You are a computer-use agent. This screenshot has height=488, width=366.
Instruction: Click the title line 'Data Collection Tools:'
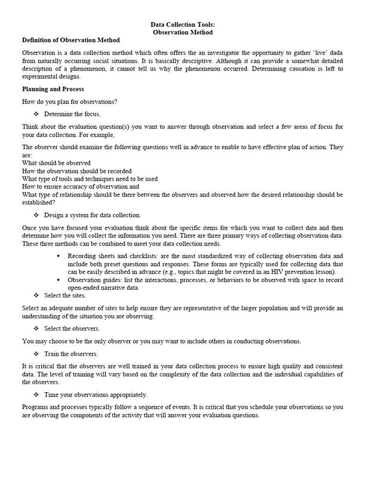click(183, 24)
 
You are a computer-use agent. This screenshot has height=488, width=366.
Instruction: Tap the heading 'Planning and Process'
click(53, 89)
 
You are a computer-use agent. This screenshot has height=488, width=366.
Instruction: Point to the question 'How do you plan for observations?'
click(70, 102)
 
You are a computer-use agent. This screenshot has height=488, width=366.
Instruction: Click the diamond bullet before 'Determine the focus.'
click(36, 114)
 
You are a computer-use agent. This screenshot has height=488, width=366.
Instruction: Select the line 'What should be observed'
click(56, 163)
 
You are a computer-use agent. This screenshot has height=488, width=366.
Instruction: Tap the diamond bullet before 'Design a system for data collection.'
click(36, 215)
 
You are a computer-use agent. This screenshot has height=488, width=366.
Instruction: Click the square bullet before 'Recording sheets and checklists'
click(58, 256)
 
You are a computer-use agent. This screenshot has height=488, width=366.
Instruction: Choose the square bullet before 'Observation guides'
click(58, 280)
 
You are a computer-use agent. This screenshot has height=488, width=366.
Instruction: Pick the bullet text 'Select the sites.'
click(65, 295)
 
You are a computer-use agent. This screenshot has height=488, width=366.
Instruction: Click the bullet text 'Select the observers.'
click(72, 328)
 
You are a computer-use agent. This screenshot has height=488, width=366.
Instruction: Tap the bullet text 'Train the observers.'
click(71, 354)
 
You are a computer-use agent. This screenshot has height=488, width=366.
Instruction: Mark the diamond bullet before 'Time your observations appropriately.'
click(36, 395)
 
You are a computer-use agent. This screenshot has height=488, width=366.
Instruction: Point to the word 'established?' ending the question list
click(38, 202)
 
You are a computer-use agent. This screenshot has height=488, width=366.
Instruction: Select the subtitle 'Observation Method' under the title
click(183, 32)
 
